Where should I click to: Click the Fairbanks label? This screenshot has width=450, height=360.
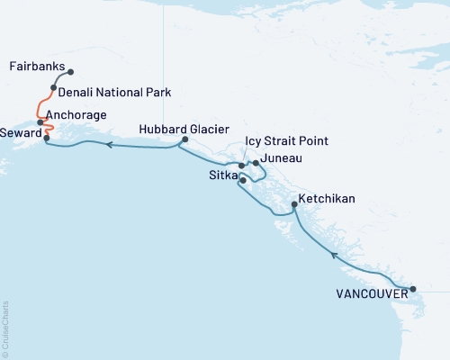point(36,67)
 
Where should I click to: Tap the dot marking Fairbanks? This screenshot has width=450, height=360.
point(71,72)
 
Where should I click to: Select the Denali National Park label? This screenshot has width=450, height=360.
point(113,93)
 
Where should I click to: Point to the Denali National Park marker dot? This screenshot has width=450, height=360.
point(54,88)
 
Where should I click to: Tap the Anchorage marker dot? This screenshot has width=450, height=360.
point(40,121)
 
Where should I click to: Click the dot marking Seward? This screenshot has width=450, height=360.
point(46,137)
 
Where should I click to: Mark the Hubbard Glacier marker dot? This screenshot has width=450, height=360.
point(184,139)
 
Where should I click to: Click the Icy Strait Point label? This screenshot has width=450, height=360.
point(286,141)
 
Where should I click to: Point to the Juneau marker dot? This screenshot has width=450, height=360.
point(256,163)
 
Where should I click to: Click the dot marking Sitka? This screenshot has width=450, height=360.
point(242,181)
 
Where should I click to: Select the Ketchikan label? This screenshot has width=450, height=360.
point(328,198)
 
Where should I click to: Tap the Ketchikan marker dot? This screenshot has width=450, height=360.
point(295,206)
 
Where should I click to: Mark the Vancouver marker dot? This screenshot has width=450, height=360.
point(412,289)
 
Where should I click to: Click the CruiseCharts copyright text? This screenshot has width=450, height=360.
point(5,328)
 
